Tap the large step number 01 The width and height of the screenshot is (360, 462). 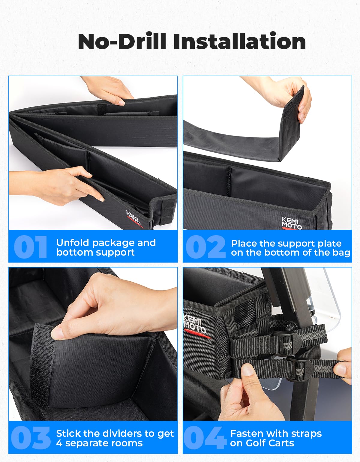pyautogui.click(x=30, y=247)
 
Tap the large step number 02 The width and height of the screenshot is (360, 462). pyautogui.click(x=205, y=247)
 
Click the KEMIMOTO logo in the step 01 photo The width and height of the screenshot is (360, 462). pyautogui.click(x=134, y=218)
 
